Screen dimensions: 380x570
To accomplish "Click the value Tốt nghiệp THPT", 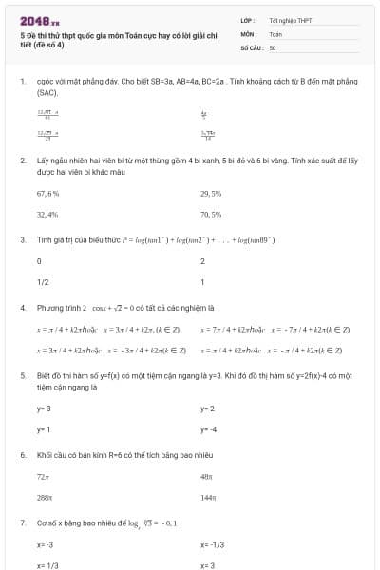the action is [291, 20].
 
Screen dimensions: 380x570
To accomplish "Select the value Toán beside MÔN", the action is [275, 33].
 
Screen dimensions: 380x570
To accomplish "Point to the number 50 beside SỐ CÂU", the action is [273, 47].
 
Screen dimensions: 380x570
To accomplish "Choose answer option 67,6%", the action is [47, 193].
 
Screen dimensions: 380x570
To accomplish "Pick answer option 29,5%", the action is [211, 193].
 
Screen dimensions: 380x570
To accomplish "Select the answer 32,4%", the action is [47, 215].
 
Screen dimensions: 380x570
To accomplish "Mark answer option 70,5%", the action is [211, 215].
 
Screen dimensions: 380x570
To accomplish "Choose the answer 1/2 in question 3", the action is [43, 282].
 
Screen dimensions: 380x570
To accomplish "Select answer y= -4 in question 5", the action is [208, 429].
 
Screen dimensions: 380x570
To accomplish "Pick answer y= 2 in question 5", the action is [207, 408].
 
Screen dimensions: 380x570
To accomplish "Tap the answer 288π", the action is [44, 497].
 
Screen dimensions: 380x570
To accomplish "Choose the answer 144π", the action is [207, 497].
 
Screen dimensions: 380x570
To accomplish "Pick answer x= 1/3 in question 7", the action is [47, 565].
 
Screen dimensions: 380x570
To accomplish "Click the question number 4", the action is [22, 308].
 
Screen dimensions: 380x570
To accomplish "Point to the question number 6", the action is [22, 455].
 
